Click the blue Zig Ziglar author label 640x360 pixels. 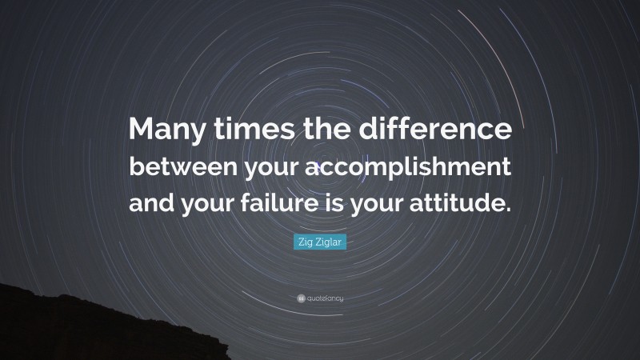tap(320, 242)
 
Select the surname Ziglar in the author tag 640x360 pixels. tap(328, 242)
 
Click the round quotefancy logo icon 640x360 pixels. tap(299, 298)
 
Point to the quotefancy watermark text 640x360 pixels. tap(324, 298)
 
